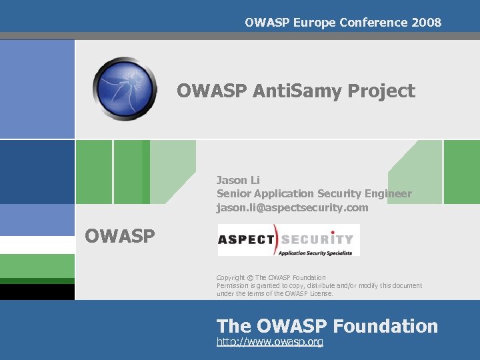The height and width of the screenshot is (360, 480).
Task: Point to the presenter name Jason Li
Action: [238, 180]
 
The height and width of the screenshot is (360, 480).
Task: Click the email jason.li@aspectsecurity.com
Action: [292, 207]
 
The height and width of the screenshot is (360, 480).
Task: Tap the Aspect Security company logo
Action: [289, 240]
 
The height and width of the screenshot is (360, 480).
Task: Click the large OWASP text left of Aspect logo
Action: [119, 235]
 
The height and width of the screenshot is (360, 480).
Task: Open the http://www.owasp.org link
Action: [270, 342]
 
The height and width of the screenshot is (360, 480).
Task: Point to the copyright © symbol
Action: [249, 277]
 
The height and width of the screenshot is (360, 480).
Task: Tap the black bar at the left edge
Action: [37, 292]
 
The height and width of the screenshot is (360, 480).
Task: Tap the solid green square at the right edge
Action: [461, 171]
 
